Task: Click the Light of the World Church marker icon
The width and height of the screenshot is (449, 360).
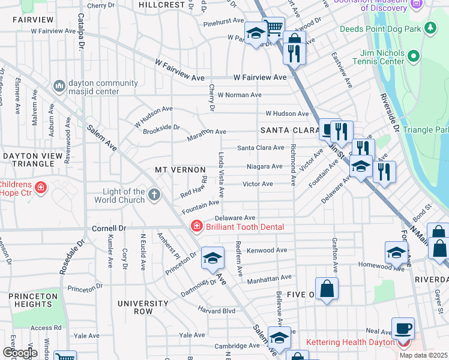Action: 154,194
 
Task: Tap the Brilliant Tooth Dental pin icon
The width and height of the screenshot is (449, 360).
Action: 196,226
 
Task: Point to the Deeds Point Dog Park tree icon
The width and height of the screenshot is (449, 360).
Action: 430,28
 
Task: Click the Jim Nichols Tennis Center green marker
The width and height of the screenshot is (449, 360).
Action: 413,57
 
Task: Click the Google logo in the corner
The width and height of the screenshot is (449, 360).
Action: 20,353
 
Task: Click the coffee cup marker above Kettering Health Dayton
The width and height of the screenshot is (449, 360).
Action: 403,328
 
